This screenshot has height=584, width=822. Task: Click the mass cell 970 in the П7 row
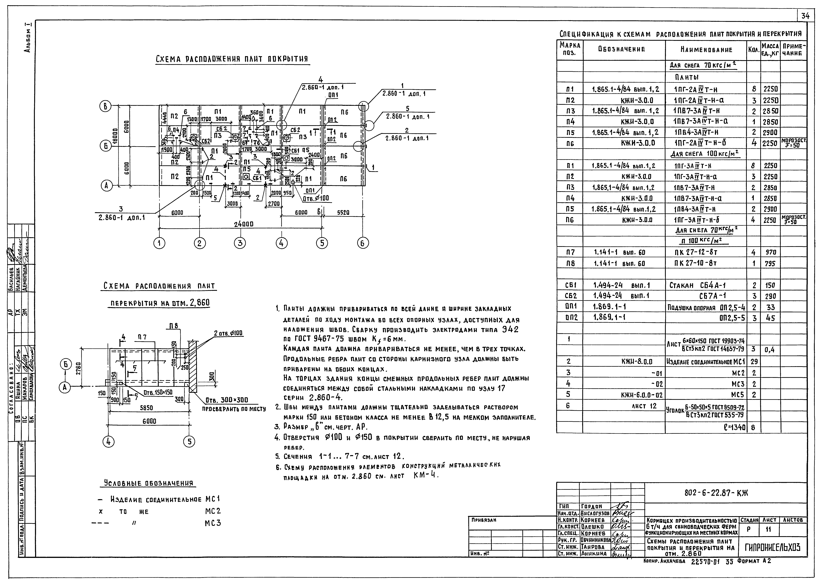click(770, 252)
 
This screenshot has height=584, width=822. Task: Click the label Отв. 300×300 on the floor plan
click(227, 401)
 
